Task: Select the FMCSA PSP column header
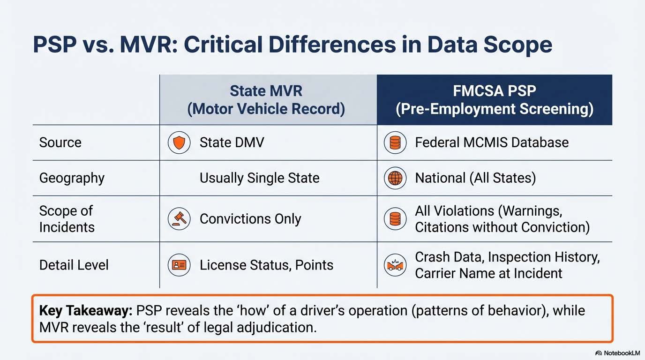[495, 100]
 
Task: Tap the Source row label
[60, 142]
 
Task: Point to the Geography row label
[72, 178]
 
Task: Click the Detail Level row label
[74, 265]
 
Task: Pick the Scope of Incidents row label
[67, 219]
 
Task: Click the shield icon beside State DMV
[179, 142]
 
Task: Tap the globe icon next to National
[395, 178]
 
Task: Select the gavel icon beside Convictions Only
[179, 219]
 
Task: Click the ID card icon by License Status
[179, 265]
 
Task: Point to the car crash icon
[395, 265]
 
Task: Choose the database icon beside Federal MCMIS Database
[395, 142]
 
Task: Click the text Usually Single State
[259, 178]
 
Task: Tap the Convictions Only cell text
[250, 219]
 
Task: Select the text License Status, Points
[266, 265]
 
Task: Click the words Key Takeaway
[85, 311]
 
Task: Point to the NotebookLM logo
[617, 353]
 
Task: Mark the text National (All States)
[475, 178]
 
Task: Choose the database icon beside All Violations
[395, 219]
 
